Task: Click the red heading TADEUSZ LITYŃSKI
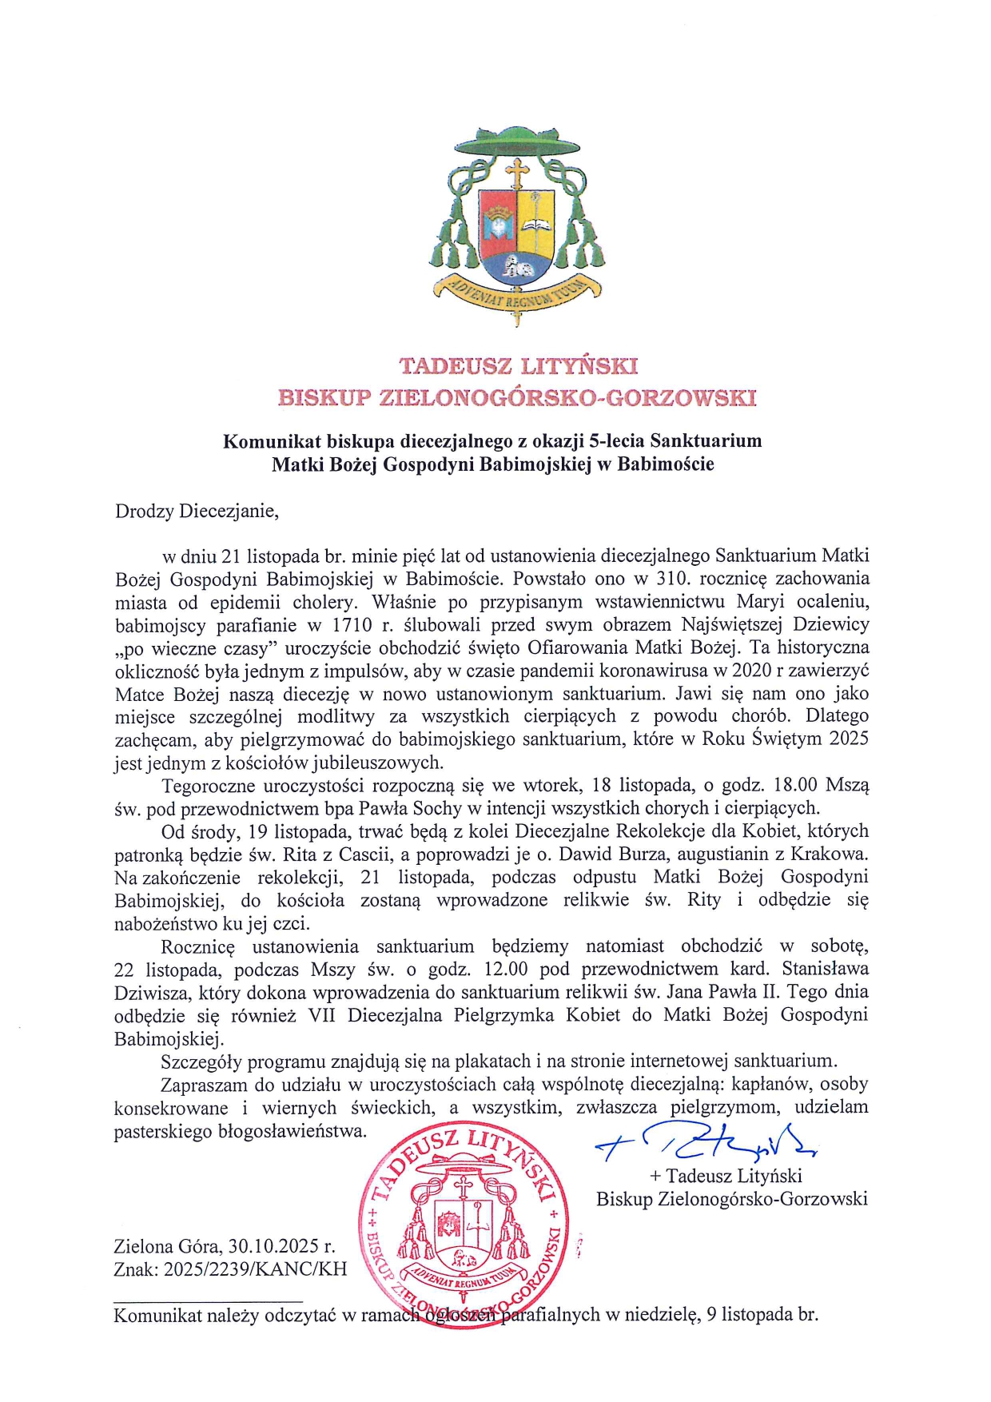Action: coord(518,366)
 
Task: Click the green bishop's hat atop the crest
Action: coord(517,145)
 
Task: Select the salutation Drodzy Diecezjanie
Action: coord(197,512)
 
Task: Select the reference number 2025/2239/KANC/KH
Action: coord(255,1269)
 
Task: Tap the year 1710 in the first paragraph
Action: coord(352,624)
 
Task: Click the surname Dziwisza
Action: coord(153,993)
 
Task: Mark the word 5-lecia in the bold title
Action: coord(617,440)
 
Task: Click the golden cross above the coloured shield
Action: coord(518,175)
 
